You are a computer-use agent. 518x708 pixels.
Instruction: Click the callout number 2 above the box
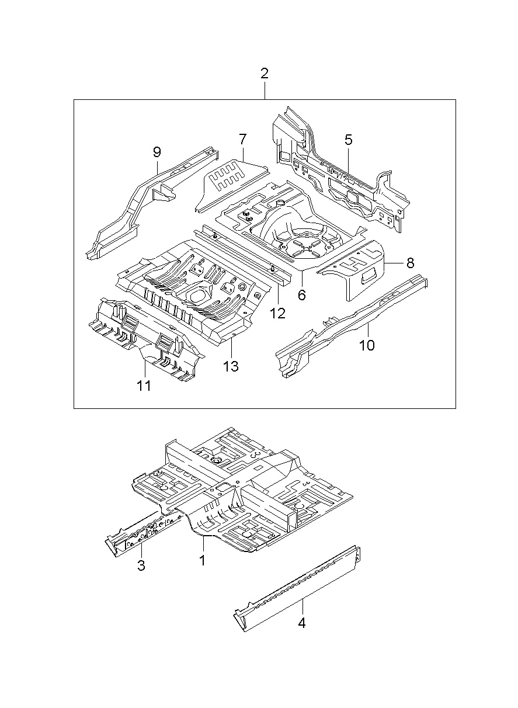[264, 74]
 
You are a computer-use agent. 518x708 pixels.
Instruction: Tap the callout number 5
[348, 140]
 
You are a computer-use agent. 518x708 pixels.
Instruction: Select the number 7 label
[242, 140]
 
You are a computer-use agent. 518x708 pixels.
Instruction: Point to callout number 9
[157, 152]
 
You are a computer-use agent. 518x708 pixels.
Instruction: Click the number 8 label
[410, 263]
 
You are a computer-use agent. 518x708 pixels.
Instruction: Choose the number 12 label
[277, 313]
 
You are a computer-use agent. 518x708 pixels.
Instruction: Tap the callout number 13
[231, 366]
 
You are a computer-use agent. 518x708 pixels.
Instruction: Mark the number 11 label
[144, 386]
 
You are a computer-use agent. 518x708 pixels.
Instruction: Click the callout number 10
[367, 345]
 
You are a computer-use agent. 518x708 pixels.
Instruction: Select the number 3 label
[141, 565]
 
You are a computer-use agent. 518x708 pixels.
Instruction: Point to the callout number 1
[202, 560]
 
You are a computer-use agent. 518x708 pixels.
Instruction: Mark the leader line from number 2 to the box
[265, 90]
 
